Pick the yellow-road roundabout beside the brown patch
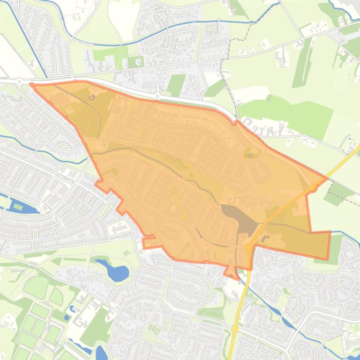click(248, 246)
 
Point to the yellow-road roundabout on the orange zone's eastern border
click(312, 187)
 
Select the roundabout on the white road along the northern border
click(158, 97)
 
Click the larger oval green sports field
click(36, 286)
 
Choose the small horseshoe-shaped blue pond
click(72, 309)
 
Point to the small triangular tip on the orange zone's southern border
click(230, 272)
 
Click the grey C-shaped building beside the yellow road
click(266, 239)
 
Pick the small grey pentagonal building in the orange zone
click(91, 97)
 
